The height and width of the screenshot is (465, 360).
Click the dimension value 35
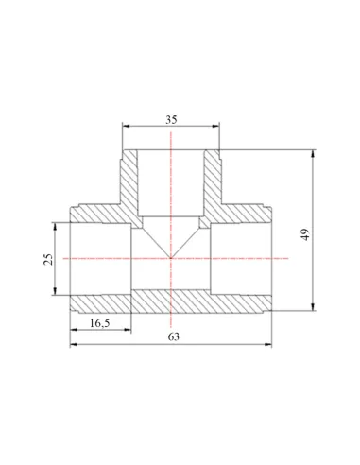pyautogui.click(x=171, y=120)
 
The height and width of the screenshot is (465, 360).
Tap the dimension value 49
pyautogui.click(x=305, y=234)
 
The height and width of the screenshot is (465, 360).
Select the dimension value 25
pyautogui.click(x=48, y=259)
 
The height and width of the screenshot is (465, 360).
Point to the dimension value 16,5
pyautogui.click(x=100, y=323)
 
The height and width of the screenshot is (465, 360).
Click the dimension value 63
pyautogui.click(x=174, y=337)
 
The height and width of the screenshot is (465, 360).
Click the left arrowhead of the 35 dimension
pyautogui.click(x=127, y=126)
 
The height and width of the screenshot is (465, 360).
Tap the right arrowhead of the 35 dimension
pyautogui.click(x=215, y=126)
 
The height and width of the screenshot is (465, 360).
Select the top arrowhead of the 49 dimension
pyautogui.click(x=313, y=154)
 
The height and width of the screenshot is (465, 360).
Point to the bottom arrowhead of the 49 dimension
pyautogui.click(x=313, y=306)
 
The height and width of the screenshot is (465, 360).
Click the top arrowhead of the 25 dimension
pyautogui.click(x=55, y=226)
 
